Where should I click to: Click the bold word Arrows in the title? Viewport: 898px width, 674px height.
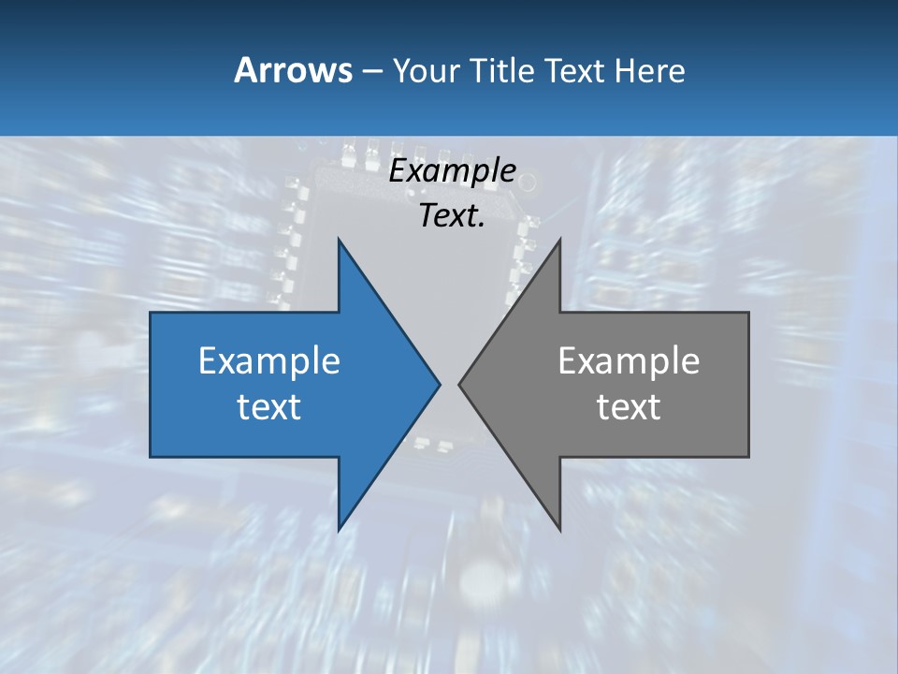pos(293,70)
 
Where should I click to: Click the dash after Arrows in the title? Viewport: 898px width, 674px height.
pos(370,71)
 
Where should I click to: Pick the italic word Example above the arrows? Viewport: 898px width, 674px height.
pos(452,170)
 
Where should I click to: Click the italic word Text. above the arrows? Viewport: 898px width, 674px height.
pos(452,215)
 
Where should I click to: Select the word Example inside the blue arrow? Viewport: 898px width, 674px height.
pos(268,360)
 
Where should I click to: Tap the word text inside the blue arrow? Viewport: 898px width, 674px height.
pos(268,406)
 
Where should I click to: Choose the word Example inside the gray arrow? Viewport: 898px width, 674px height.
pos(629,360)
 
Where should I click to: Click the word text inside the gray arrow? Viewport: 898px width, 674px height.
pos(629,406)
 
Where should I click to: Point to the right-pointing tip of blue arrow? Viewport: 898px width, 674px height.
pos(440,384)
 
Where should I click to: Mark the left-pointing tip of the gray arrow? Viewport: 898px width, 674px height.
pos(459,384)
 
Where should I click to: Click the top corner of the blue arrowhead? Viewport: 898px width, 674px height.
pos(339,239)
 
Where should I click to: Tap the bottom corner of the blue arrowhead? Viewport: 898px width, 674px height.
pos(339,530)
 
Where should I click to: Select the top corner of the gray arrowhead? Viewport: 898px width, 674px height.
pos(560,239)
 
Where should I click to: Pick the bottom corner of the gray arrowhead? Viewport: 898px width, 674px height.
pos(560,530)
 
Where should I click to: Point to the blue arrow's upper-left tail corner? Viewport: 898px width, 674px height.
pos(151,313)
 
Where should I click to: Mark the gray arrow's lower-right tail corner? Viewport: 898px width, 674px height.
pos(748,457)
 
